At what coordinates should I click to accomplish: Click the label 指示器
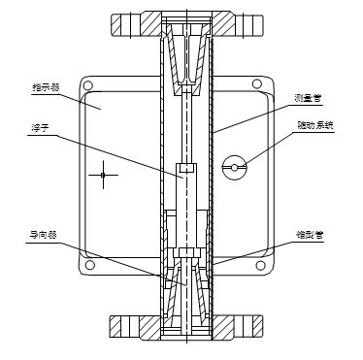[47, 89]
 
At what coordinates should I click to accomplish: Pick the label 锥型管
[311, 234]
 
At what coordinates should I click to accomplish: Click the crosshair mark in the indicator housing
[103, 174]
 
